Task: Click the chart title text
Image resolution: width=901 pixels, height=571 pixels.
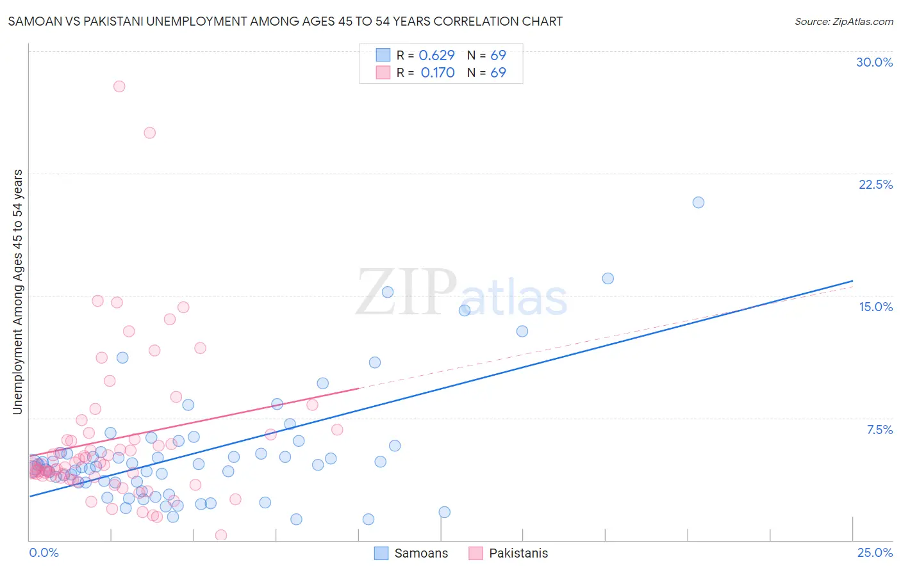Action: coord(285,21)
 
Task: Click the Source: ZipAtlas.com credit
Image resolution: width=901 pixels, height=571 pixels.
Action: coord(843,21)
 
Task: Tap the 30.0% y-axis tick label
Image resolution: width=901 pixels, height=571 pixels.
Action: coord(874,62)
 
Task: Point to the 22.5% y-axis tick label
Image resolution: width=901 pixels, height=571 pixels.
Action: coord(875,184)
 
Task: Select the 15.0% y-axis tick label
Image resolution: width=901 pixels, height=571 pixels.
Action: coord(875,307)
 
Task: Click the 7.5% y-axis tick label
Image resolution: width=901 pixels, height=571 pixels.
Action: coord(879,430)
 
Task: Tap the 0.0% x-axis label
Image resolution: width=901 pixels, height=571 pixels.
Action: coord(44,552)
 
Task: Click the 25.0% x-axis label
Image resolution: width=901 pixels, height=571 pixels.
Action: coord(875,552)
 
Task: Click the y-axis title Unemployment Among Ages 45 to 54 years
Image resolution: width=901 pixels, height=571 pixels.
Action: coord(18,292)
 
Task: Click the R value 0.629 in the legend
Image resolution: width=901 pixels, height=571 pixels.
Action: coord(436,56)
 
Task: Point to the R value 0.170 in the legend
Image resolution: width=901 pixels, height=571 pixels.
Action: coord(438,73)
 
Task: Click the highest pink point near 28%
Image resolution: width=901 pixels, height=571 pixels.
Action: coord(119,86)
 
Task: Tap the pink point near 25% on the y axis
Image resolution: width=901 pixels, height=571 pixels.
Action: coord(149,133)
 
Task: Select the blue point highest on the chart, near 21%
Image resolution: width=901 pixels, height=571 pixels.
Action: coord(698,202)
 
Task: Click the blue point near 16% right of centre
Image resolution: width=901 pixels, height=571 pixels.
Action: coord(608,278)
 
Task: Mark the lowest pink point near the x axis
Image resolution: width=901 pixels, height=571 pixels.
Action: coord(221,535)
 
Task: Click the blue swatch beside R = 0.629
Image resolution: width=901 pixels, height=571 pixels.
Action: coord(383,56)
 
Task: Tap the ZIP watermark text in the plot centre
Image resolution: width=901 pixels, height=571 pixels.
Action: coord(406,293)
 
